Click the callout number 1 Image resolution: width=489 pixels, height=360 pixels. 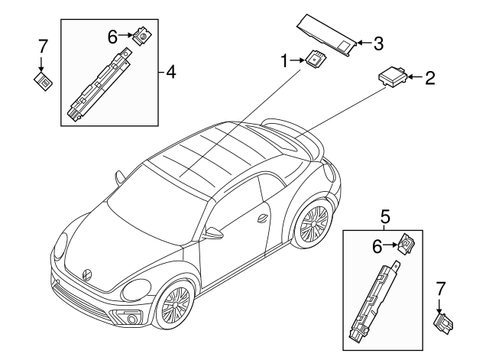click(x=284, y=61)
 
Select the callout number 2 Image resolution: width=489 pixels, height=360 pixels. click(x=429, y=78)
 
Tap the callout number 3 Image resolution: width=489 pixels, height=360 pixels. click(x=378, y=44)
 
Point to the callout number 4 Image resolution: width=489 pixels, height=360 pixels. click(x=171, y=73)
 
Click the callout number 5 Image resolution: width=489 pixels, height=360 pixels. click(x=385, y=217)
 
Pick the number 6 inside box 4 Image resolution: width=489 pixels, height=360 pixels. click(x=112, y=37)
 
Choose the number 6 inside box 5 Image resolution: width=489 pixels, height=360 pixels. click(x=377, y=247)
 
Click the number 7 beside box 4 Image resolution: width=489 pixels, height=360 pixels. click(x=42, y=47)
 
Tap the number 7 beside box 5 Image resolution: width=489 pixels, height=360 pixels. click(x=440, y=289)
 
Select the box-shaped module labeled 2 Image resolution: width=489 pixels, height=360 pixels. click(x=393, y=76)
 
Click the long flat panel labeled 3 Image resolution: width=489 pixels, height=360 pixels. click(x=326, y=36)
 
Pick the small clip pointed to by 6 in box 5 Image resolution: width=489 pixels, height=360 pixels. click(x=407, y=245)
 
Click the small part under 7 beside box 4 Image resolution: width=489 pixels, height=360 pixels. click(x=43, y=81)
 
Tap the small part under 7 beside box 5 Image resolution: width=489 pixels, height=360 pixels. click(x=443, y=324)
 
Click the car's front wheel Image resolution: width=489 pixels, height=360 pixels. click(x=175, y=304)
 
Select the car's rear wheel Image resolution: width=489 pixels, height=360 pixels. click(x=313, y=222)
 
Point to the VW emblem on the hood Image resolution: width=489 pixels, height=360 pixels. click(x=86, y=274)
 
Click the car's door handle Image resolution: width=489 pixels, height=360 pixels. click(x=263, y=219)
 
